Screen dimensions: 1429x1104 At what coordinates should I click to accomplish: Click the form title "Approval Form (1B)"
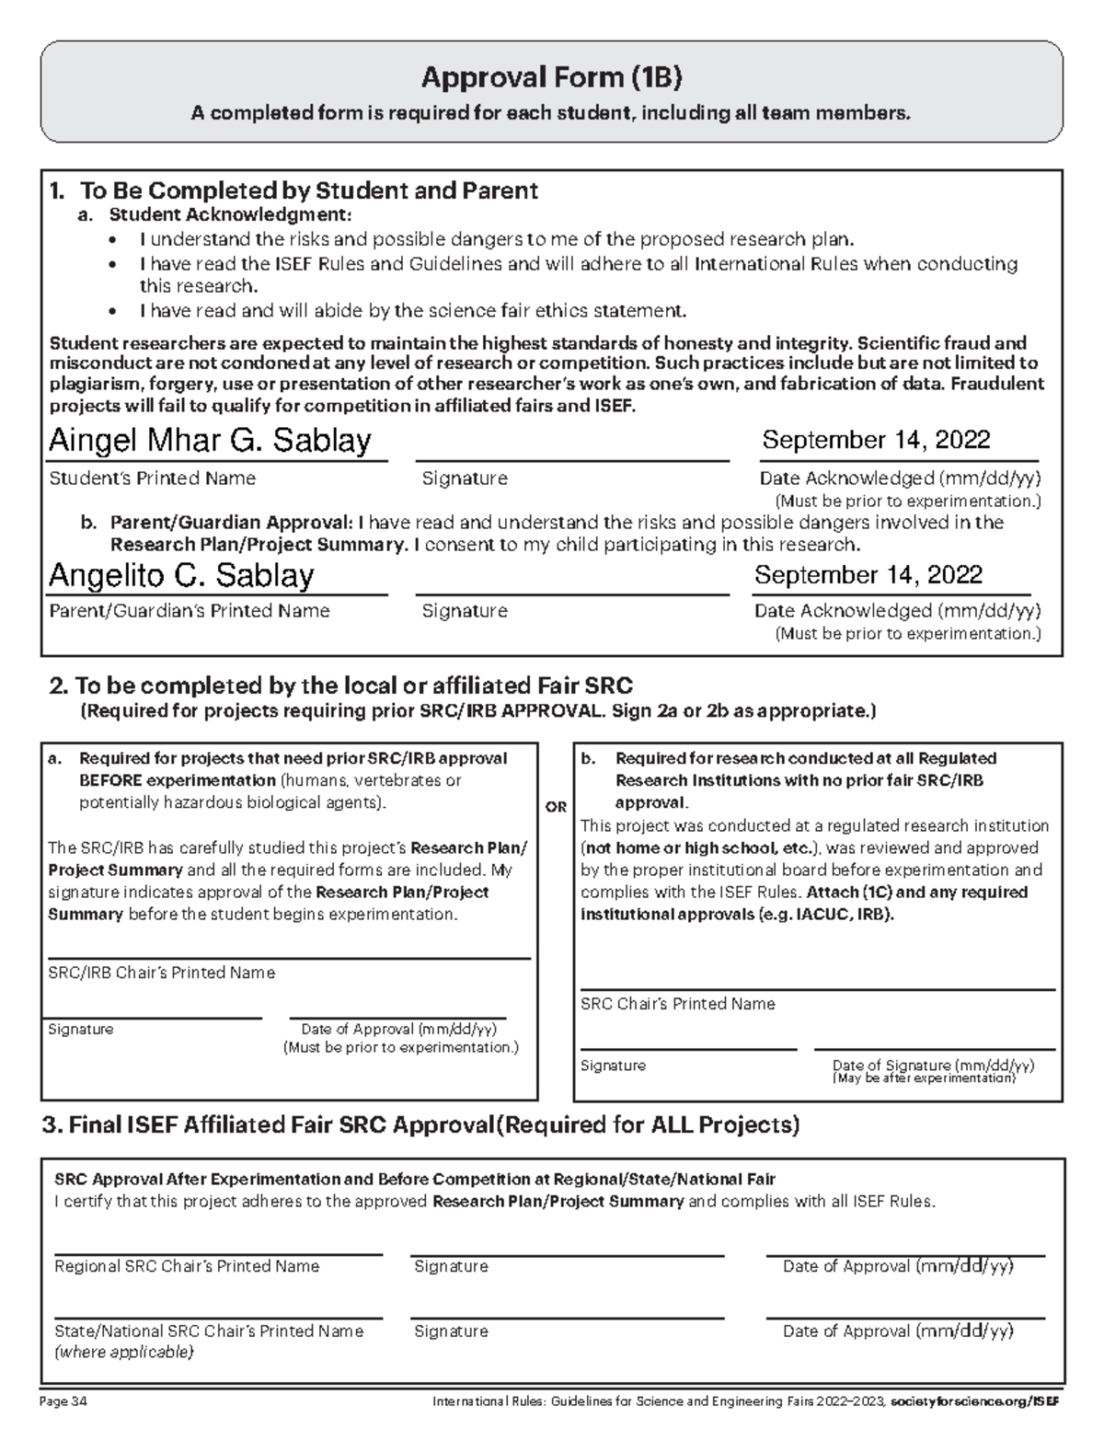pos(551,78)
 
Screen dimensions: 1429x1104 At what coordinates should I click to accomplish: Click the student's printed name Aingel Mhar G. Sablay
pos(209,441)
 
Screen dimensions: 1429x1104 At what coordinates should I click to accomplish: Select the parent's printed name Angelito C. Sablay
pos(180,575)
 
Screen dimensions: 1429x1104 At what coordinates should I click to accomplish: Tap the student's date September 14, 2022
pos(875,440)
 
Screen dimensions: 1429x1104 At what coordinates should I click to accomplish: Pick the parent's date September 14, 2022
pos(868,575)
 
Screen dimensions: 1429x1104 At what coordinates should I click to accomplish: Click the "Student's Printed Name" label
pos(152,478)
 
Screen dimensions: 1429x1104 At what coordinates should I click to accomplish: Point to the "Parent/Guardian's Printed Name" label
pos(189,611)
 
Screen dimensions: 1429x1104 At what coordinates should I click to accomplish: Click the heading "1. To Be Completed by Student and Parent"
pos(293,190)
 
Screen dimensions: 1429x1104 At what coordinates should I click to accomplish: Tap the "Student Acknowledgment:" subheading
pos(230,215)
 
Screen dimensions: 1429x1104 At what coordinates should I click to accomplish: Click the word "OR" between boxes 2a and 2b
pos(556,807)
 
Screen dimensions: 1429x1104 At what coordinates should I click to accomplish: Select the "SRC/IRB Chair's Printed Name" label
pos(161,973)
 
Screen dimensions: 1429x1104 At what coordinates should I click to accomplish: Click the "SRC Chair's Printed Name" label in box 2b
pos(677,1004)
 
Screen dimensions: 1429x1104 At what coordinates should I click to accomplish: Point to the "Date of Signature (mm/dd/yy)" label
pos(932,1065)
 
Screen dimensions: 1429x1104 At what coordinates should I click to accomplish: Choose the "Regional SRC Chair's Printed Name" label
pos(187,1266)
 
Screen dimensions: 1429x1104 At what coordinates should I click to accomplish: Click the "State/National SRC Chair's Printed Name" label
pos(209,1331)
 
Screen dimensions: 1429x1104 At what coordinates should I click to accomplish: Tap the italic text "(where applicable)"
pos(124,1352)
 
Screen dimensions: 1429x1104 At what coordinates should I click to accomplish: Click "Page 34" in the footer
pos(63,1402)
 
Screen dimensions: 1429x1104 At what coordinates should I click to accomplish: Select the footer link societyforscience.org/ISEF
pos(975,1402)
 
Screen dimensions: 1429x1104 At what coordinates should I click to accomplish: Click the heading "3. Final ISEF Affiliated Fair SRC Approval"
pos(269,1124)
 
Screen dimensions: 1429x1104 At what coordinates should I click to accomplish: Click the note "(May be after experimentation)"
pos(924,1078)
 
